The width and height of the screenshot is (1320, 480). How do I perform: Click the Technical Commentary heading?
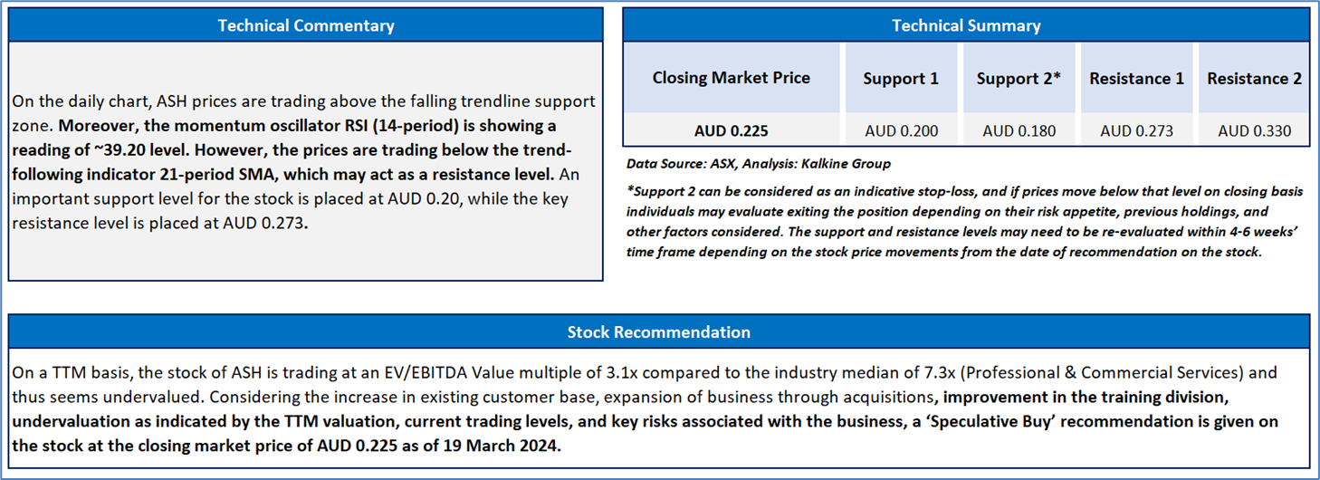306,25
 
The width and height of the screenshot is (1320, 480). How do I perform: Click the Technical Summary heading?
966,25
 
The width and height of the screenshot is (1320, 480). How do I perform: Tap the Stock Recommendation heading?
659,332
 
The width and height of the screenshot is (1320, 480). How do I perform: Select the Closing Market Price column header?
731,78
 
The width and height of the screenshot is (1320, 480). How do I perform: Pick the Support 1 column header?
901,79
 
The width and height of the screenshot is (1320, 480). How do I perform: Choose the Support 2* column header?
1019,79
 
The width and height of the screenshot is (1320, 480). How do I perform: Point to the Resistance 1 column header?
1136,79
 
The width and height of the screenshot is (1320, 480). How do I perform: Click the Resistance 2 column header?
1254,79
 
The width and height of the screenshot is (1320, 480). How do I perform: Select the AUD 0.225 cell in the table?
731,130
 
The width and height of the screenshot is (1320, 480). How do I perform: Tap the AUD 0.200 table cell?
901,130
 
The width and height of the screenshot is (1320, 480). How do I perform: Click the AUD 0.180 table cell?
1019,130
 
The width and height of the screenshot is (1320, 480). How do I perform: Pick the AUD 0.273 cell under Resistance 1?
1137,130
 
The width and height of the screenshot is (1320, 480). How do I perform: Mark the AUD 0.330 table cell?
1255,130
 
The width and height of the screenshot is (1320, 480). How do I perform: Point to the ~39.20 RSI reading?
120,149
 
